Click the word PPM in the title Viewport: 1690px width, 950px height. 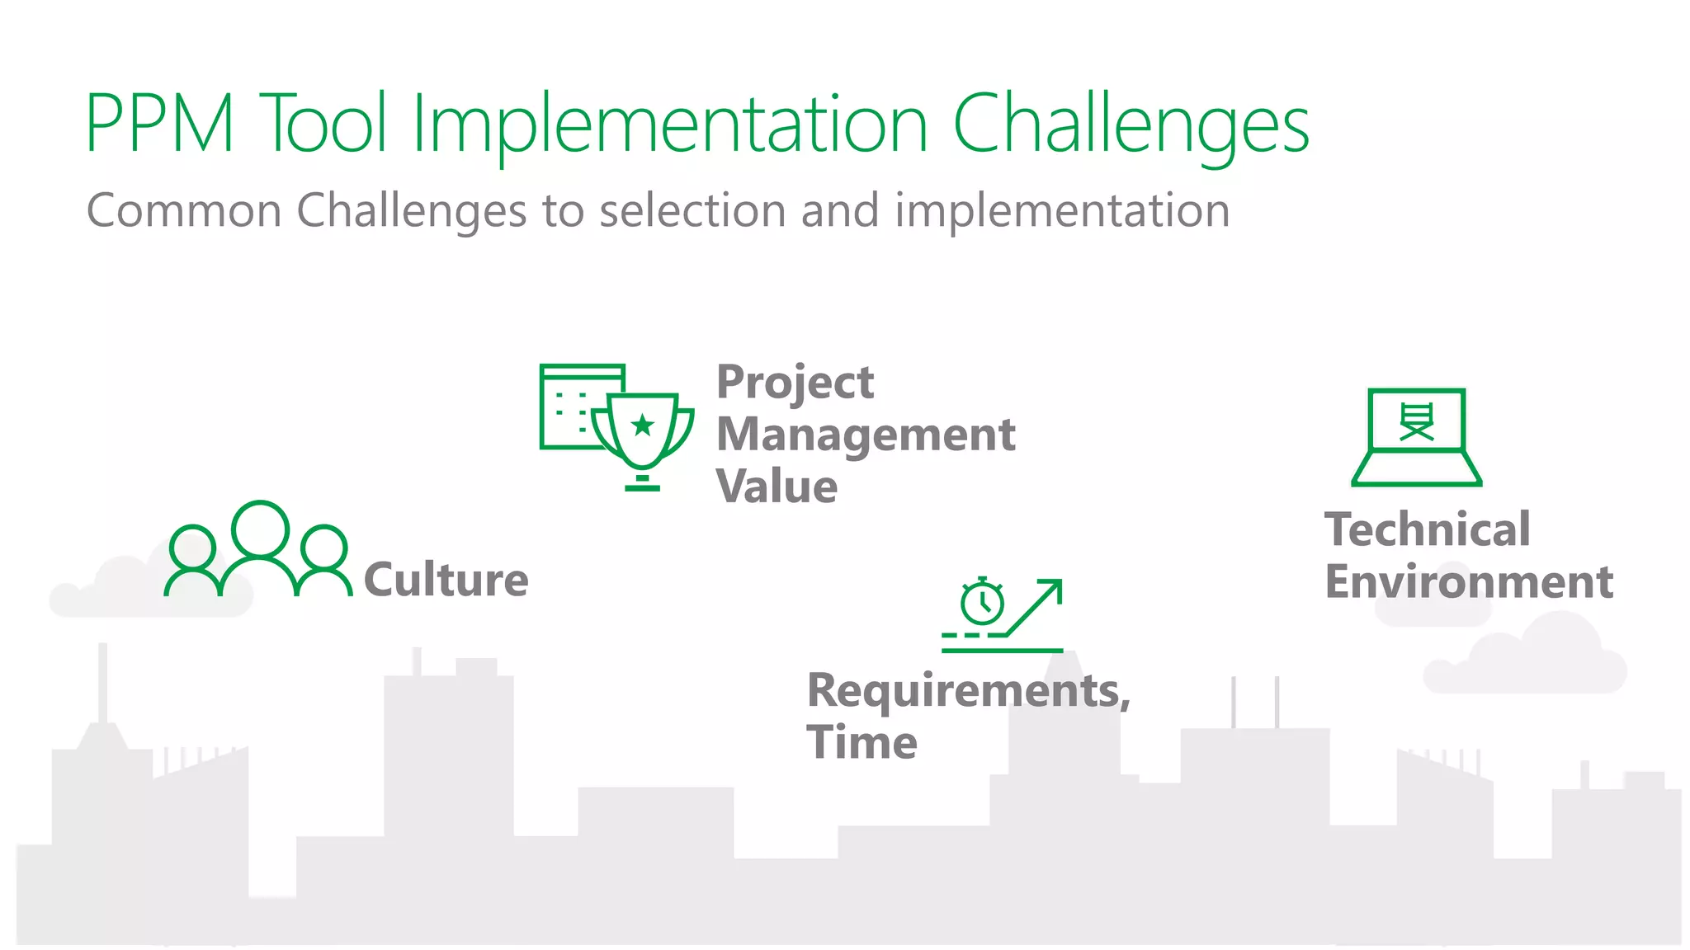click(159, 124)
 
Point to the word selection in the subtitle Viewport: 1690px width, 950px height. click(692, 210)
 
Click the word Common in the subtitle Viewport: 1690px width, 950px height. click(184, 210)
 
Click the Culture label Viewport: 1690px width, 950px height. click(446, 579)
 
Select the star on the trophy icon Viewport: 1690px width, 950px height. click(642, 426)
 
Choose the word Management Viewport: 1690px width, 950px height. click(865, 434)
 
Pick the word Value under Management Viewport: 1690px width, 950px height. click(777, 486)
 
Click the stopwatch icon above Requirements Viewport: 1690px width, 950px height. click(982, 602)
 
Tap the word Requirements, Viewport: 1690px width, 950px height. click(967, 690)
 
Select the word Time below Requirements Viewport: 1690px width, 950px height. click(862, 742)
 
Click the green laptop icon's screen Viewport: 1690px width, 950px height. click(1416, 421)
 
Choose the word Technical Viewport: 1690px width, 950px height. click(1427, 529)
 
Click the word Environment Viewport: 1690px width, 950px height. click(1468, 582)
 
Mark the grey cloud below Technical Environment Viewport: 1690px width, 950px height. click(1525, 660)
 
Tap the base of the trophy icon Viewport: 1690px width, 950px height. click(642, 487)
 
